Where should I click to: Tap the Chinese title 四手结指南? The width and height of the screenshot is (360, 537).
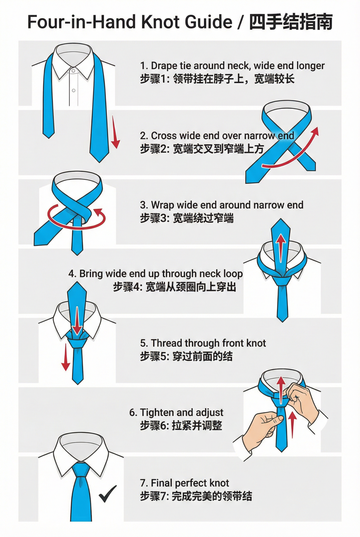(291, 22)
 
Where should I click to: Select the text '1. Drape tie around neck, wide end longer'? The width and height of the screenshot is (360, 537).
(232, 65)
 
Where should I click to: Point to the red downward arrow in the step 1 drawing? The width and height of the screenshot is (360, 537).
(115, 132)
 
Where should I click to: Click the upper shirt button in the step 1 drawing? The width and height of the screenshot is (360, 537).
(74, 71)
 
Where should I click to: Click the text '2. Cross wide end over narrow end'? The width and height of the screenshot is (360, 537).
(217, 136)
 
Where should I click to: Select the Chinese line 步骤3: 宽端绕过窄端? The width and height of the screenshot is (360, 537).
(187, 218)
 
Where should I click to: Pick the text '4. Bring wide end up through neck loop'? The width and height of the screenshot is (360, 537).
(155, 274)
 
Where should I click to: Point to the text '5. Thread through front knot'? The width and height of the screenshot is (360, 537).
(203, 343)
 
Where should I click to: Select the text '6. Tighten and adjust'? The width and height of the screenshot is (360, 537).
(176, 412)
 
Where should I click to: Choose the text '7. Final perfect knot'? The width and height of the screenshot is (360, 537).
(185, 483)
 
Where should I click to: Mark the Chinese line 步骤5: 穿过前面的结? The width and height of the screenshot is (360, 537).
(186, 357)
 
